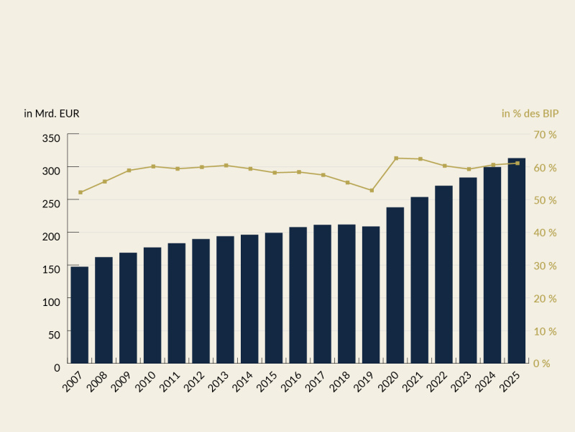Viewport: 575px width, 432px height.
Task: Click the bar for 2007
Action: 80,315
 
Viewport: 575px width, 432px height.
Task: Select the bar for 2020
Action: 395,285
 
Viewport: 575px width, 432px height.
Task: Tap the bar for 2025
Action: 517,261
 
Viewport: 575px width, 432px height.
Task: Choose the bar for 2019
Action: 371,294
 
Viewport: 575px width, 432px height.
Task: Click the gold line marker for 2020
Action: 395,158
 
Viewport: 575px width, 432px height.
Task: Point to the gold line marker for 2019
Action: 371,190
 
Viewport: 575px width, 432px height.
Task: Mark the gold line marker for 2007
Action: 80,192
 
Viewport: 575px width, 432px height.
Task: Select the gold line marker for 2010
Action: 152,166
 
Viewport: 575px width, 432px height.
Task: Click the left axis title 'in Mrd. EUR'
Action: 52,114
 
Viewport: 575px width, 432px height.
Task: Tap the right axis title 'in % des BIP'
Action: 530,114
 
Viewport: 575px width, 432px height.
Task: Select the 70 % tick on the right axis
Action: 545,135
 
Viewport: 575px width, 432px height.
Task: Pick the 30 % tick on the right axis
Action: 545,266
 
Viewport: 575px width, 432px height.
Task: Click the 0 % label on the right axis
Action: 541,364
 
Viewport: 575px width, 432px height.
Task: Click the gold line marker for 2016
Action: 298,172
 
